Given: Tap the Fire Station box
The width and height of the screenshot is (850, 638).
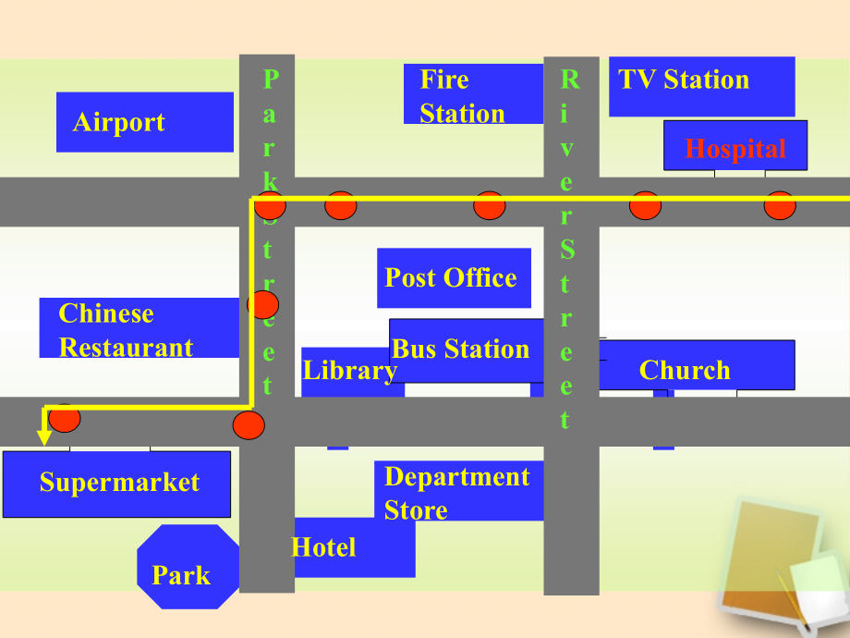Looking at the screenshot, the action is click(x=473, y=94).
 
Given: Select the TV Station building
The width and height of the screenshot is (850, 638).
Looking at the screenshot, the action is click(x=702, y=86).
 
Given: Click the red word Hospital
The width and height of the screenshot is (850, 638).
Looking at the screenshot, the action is click(x=735, y=149).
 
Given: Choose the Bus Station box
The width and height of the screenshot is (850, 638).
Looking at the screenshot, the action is click(x=467, y=350).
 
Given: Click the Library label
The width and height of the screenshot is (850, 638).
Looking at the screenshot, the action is click(x=350, y=371).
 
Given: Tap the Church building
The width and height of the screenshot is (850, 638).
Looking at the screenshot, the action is click(x=697, y=364).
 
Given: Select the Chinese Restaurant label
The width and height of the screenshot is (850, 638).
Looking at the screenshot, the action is click(x=126, y=330).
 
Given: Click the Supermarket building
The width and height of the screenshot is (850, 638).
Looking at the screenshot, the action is click(x=116, y=484).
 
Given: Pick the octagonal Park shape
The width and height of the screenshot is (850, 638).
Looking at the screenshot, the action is click(x=188, y=567).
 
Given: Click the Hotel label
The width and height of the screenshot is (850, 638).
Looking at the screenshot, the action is click(x=323, y=546).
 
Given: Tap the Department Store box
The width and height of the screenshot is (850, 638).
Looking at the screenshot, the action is click(x=458, y=490).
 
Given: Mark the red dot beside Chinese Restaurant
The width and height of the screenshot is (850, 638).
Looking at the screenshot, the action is click(x=263, y=304).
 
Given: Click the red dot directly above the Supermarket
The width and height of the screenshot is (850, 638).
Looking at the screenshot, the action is click(x=65, y=418).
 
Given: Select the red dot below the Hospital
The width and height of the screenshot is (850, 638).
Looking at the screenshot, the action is click(x=780, y=205).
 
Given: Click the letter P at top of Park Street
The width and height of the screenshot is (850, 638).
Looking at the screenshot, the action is click(x=271, y=80).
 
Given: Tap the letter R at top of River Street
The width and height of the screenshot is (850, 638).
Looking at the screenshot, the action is click(x=570, y=80).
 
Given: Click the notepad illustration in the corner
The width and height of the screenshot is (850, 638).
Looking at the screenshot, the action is click(x=781, y=564).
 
